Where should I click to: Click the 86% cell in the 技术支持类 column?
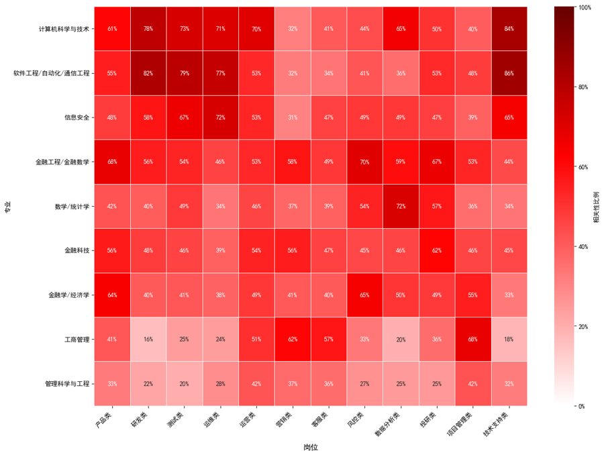[509, 73]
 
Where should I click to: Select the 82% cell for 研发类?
[148, 73]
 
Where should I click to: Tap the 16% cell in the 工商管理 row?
[148, 340]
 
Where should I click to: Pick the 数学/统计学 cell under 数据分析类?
[401, 206]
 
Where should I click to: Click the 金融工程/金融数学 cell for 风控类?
[364, 162]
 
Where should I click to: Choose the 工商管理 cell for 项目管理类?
[472, 340]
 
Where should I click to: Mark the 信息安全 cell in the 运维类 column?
[220, 117]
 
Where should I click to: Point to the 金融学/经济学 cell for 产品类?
[112, 295]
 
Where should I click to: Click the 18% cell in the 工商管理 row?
[509, 340]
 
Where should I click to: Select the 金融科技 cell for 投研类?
[437, 250]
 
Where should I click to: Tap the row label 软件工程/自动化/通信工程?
[52, 73]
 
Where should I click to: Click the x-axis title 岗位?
[310, 447]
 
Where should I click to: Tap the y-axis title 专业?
[7, 206]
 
